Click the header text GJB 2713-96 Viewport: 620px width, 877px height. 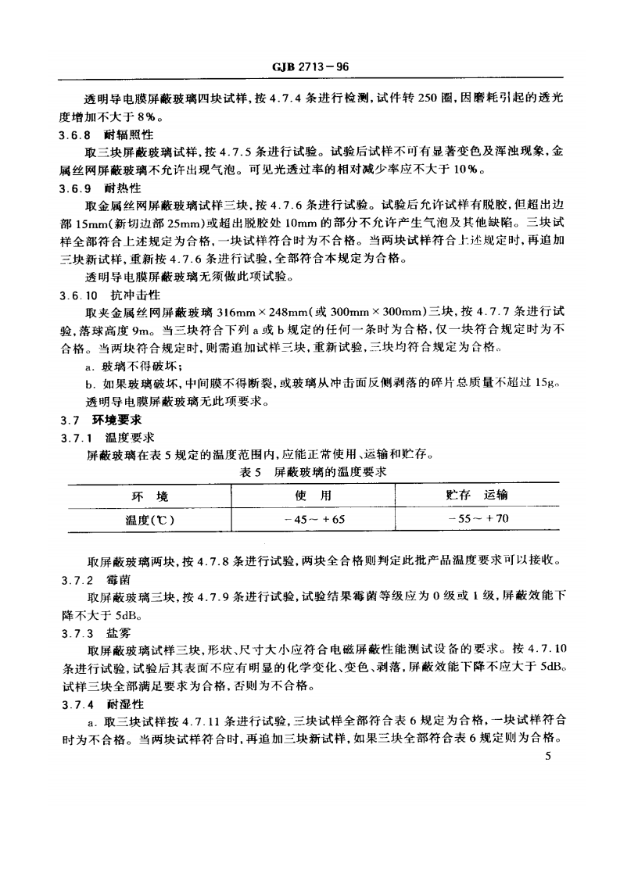[310, 68]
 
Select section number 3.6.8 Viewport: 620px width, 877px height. [75, 134]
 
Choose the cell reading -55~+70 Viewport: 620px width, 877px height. [478, 519]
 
